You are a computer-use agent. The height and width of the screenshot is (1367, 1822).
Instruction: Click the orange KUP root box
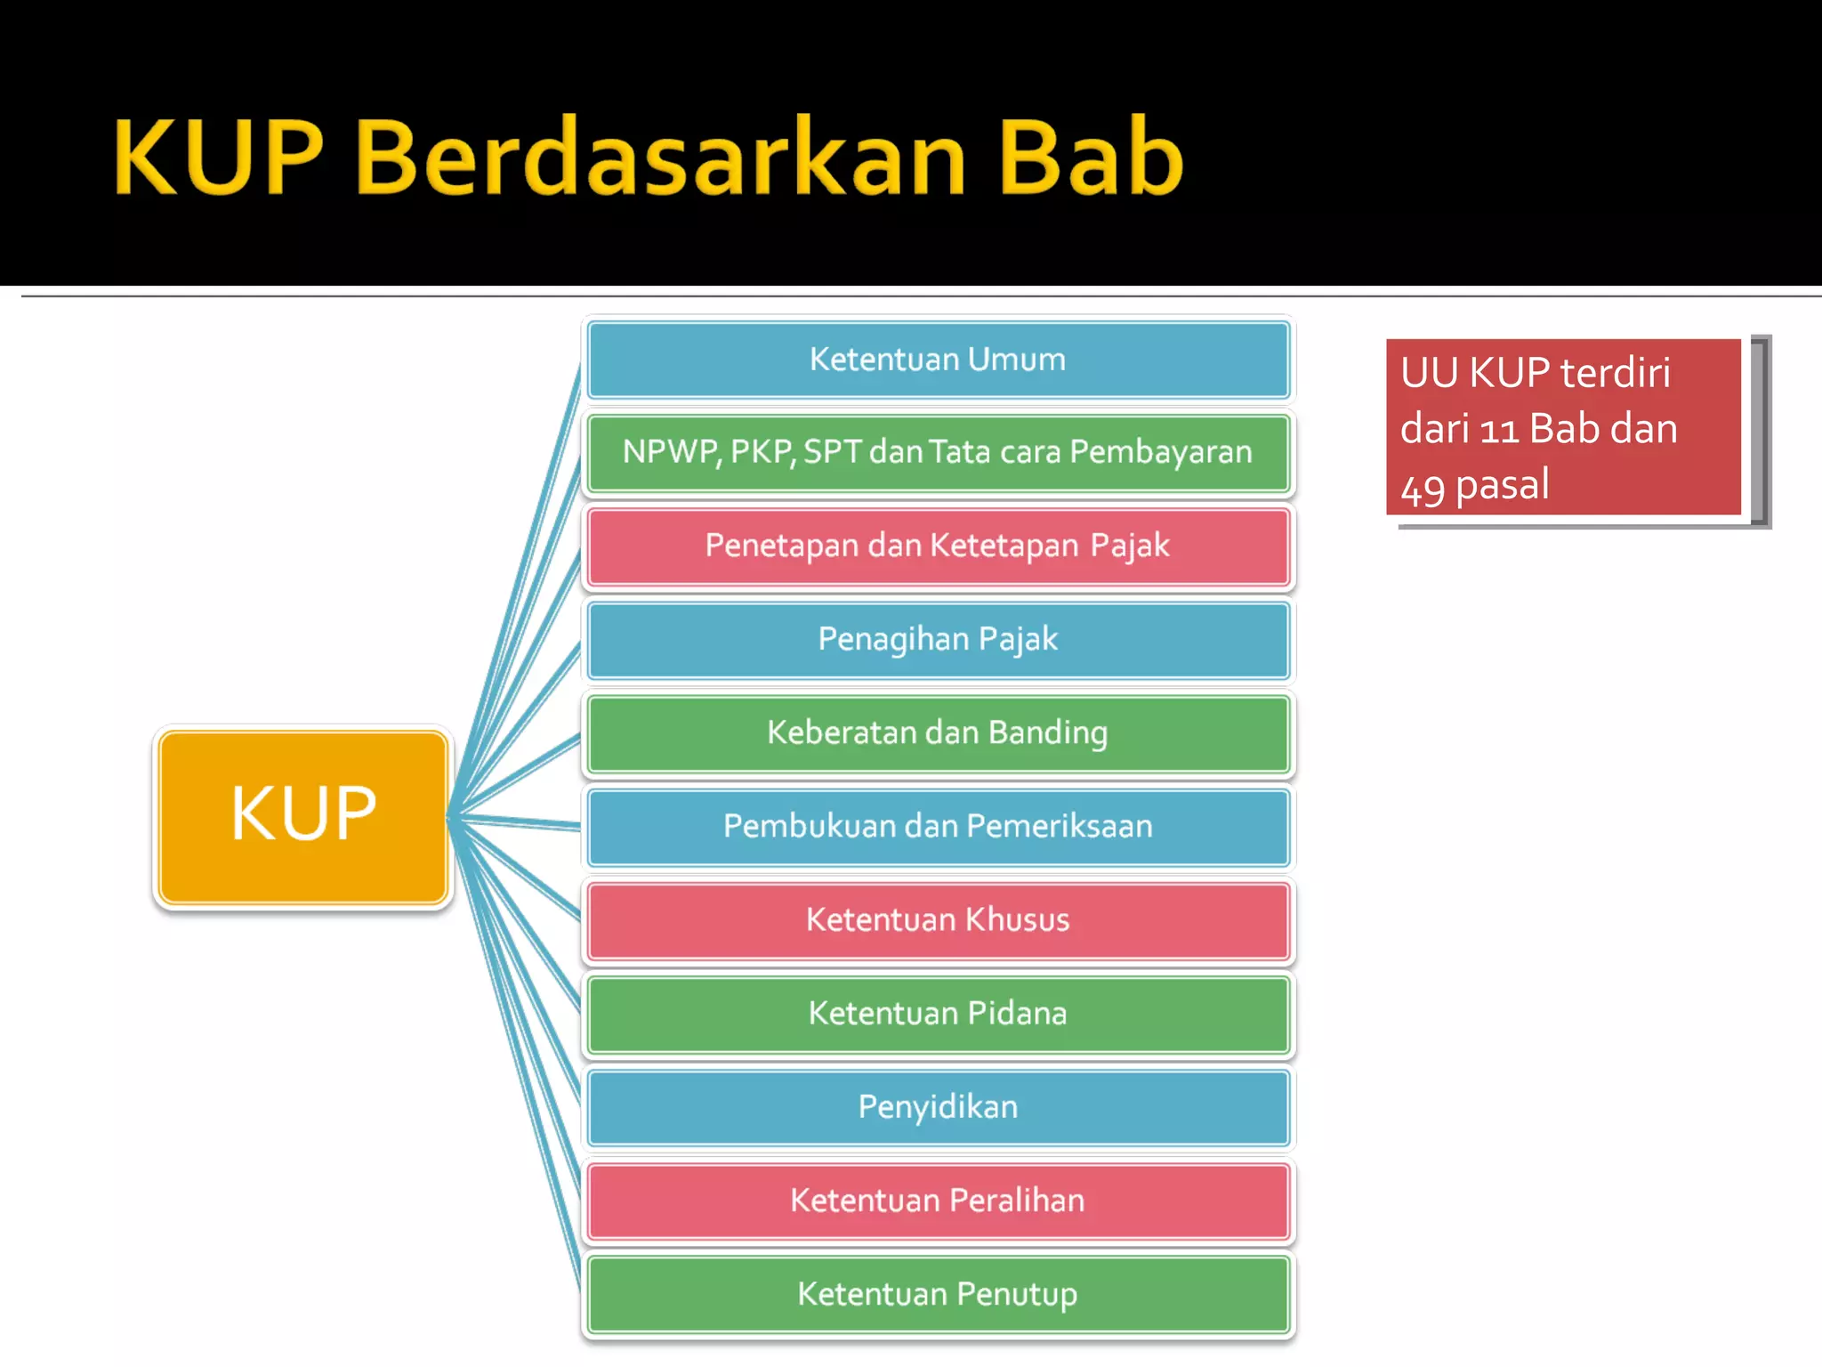[303, 816]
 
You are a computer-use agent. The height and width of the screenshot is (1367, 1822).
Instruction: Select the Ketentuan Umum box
[938, 360]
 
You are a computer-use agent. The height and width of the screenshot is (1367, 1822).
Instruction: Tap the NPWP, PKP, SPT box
[938, 452]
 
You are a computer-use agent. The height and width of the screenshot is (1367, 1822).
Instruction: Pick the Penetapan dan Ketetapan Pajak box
[938, 546]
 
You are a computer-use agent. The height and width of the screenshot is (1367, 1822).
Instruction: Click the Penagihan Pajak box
[938, 639]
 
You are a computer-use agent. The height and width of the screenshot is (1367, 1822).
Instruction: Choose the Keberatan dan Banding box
[938, 732]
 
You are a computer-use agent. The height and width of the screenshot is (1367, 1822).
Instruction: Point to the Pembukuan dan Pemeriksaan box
[938, 826]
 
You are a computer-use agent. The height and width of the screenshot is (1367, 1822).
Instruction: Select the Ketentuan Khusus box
[938, 919]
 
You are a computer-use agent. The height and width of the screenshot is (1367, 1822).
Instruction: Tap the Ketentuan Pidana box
[938, 1013]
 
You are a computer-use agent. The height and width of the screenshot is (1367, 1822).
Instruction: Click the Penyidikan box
[938, 1106]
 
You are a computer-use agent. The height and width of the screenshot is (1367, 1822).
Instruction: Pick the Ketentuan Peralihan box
[938, 1200]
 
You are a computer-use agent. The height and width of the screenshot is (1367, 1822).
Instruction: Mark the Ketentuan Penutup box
[938, 1293]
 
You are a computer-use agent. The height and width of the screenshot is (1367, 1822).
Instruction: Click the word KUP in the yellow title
[217, 158]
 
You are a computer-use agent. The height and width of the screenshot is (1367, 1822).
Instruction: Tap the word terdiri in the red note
[1615, 373]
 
